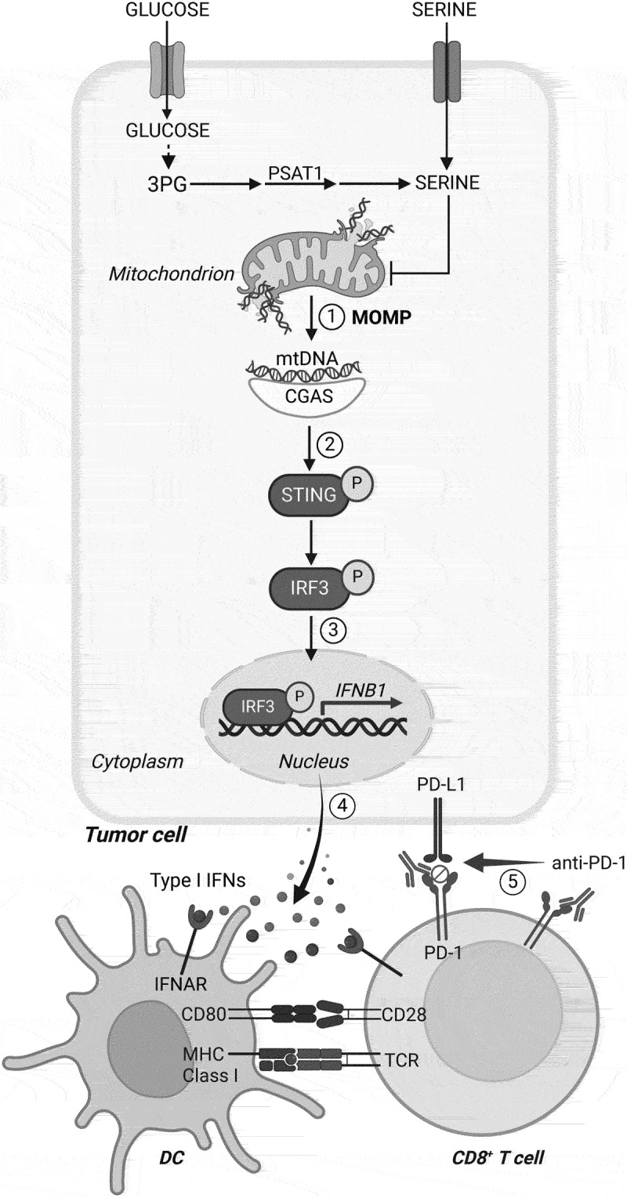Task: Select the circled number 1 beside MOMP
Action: coord(335,317)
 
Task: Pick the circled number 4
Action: coord(340,802)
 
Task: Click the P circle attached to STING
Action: coord(357,490)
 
